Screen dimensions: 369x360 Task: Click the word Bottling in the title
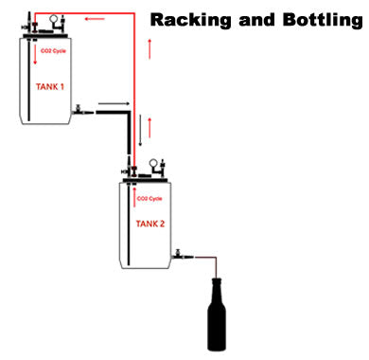click(317, 18)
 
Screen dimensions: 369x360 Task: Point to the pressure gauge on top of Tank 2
click(151, 164)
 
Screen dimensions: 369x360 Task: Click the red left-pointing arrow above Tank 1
click(96, 16)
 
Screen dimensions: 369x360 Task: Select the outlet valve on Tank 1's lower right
click(79, 112)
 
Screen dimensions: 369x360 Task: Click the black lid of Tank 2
click(147, 177)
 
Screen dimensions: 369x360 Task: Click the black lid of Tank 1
click(46, 30)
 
